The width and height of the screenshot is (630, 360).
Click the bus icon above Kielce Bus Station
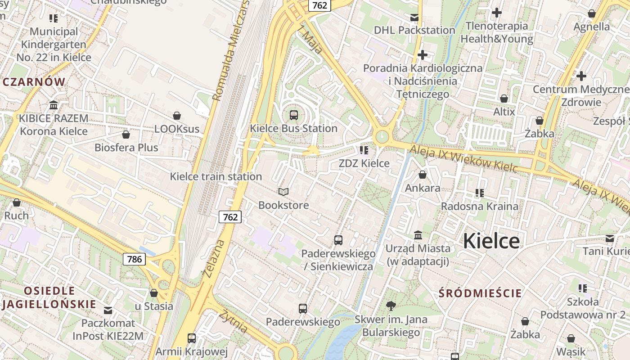point(293,115)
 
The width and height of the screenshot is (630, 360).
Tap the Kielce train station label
point(216,176)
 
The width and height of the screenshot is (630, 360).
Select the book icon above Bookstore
point(283,192)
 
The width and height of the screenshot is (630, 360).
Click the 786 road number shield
point(134,259)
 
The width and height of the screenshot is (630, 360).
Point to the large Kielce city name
point(491,241)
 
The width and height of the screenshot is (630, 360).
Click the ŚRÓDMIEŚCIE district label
point(480,293)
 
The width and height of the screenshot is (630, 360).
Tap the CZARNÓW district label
point(34,82)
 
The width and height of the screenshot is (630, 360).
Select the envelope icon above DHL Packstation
point(414,18)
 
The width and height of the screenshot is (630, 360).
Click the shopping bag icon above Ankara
point(422,175)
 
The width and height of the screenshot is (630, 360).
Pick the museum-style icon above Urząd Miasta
point(418,235)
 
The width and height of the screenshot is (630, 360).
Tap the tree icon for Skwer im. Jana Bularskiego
point(391,306)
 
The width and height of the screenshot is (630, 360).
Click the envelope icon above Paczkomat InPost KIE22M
point(108,310)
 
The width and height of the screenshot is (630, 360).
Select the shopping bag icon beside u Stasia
point(154,293)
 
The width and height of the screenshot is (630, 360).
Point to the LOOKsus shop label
point(176,129)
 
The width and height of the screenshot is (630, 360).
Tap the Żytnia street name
point(233,321)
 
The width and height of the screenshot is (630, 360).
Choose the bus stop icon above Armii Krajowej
point(191,338)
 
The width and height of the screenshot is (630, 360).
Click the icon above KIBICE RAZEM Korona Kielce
point(54,105)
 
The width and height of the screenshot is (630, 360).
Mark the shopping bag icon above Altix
point(504,98)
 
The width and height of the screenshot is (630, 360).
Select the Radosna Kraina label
point(479,206)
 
